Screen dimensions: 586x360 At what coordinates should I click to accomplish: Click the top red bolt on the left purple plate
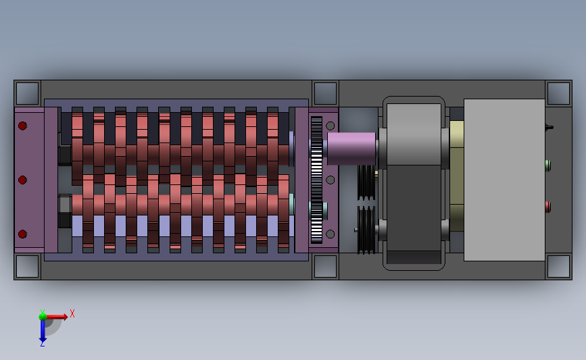point(22,126)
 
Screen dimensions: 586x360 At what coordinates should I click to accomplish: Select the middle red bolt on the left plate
point(22,180)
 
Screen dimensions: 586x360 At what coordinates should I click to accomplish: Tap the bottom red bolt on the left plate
point(22,234)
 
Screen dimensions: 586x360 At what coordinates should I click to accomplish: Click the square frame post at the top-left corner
point(27,93)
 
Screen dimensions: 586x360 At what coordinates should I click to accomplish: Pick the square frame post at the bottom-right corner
point(558,266)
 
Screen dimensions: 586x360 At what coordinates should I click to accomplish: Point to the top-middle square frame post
point(325,93)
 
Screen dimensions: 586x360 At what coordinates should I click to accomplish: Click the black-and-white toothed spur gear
point(316,180)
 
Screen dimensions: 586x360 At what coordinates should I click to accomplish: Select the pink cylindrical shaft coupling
point(351,149)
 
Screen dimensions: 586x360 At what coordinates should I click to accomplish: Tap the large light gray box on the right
point(504,180)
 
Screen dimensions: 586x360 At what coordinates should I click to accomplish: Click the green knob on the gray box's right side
point(548,165)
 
